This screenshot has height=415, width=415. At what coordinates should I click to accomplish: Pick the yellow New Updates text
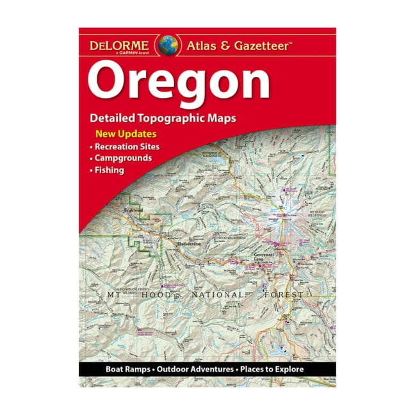click(x=126, y=134)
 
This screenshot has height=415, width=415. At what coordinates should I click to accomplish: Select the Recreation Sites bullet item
click(x=127, y=147)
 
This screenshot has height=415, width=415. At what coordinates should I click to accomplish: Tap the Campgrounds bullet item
click(x=124, y=158)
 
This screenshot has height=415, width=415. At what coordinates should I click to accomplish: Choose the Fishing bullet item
click(x=110, y=170)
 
